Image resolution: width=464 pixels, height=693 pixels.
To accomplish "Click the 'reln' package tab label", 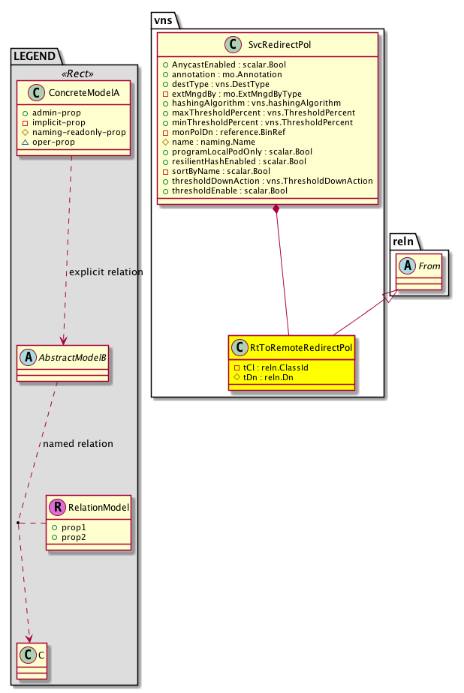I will (x=403, y=241).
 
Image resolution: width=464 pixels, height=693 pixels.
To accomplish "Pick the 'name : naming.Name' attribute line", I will (x=212, y=142).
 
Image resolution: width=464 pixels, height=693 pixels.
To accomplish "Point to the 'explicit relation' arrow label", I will (x=106, y=271).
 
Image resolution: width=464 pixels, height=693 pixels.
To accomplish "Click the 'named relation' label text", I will (x=78, y=443).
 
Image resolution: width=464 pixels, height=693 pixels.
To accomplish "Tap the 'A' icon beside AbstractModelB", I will (x=27, y=357).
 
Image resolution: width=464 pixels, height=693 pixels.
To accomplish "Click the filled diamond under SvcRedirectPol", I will (x=277, y=208).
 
